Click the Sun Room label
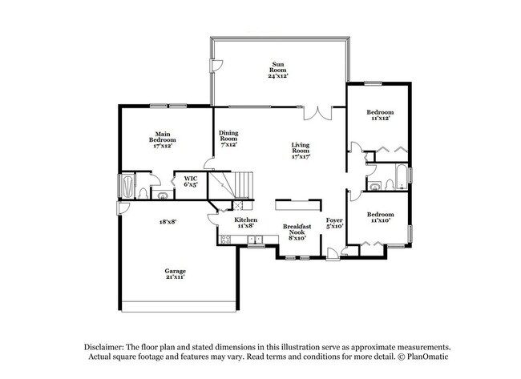(x=278, y=70)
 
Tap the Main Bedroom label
(x=156, y=140)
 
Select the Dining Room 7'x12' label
(x=229, y=139)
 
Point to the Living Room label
(x=301, y=151)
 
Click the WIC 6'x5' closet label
(x=191, y=181)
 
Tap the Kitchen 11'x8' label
(x=245, y=223)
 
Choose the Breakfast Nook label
(x=297, y=232)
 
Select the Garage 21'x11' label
(x=175, y=273)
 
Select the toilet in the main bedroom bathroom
(x=143, y=193)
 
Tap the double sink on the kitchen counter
(x=254, y=239)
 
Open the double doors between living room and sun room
(x=323, y=112)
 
